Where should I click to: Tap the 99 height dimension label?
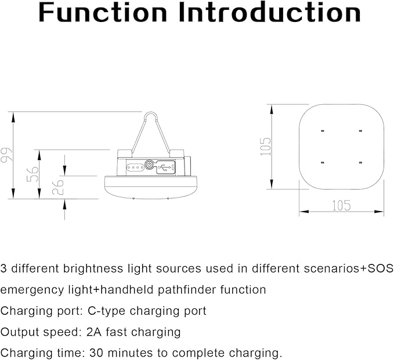[x=6, y=155]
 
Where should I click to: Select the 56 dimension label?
[x=33, y=174]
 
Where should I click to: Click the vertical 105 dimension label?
[x=266, y=147]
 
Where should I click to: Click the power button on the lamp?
[x=149, y=166]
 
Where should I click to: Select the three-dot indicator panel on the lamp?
[x=135, y=167]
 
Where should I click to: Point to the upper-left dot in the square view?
[x=321, y=132]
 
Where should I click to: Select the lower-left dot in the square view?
[x=321, y=162]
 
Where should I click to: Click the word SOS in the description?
[x=378, y=268]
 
